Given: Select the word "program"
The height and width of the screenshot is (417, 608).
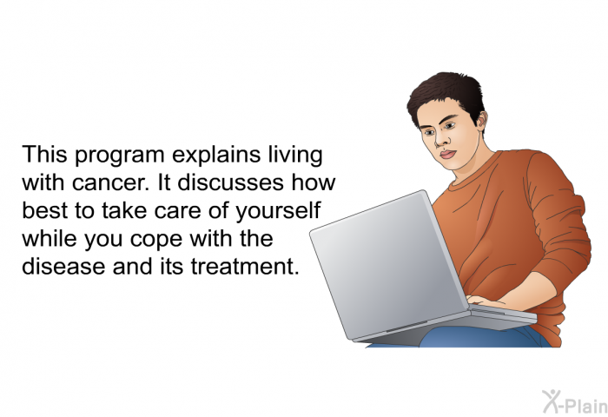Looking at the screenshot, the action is click(x=120, y=156).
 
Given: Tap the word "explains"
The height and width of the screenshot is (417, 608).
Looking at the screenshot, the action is click(x=216, y=156).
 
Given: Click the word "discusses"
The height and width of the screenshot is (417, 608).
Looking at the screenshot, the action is click(x=231, y=182).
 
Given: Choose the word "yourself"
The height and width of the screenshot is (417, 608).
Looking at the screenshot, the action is click(x=279, y=211).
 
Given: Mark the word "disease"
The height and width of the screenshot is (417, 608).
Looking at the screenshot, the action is click(x=63, y=266).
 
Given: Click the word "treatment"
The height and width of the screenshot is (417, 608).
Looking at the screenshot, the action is click(x=245, y=267).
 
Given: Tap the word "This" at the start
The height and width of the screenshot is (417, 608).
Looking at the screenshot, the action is click(x=45, y=155).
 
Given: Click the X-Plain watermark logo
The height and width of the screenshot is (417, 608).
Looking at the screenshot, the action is click(x=575, y=401).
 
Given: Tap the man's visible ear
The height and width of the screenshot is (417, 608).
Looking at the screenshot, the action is click(x=481, y=121).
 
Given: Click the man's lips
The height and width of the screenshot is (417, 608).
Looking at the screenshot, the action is click(x=448, y=155).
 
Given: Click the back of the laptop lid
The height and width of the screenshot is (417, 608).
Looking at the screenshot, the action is click(x=387, y=264).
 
